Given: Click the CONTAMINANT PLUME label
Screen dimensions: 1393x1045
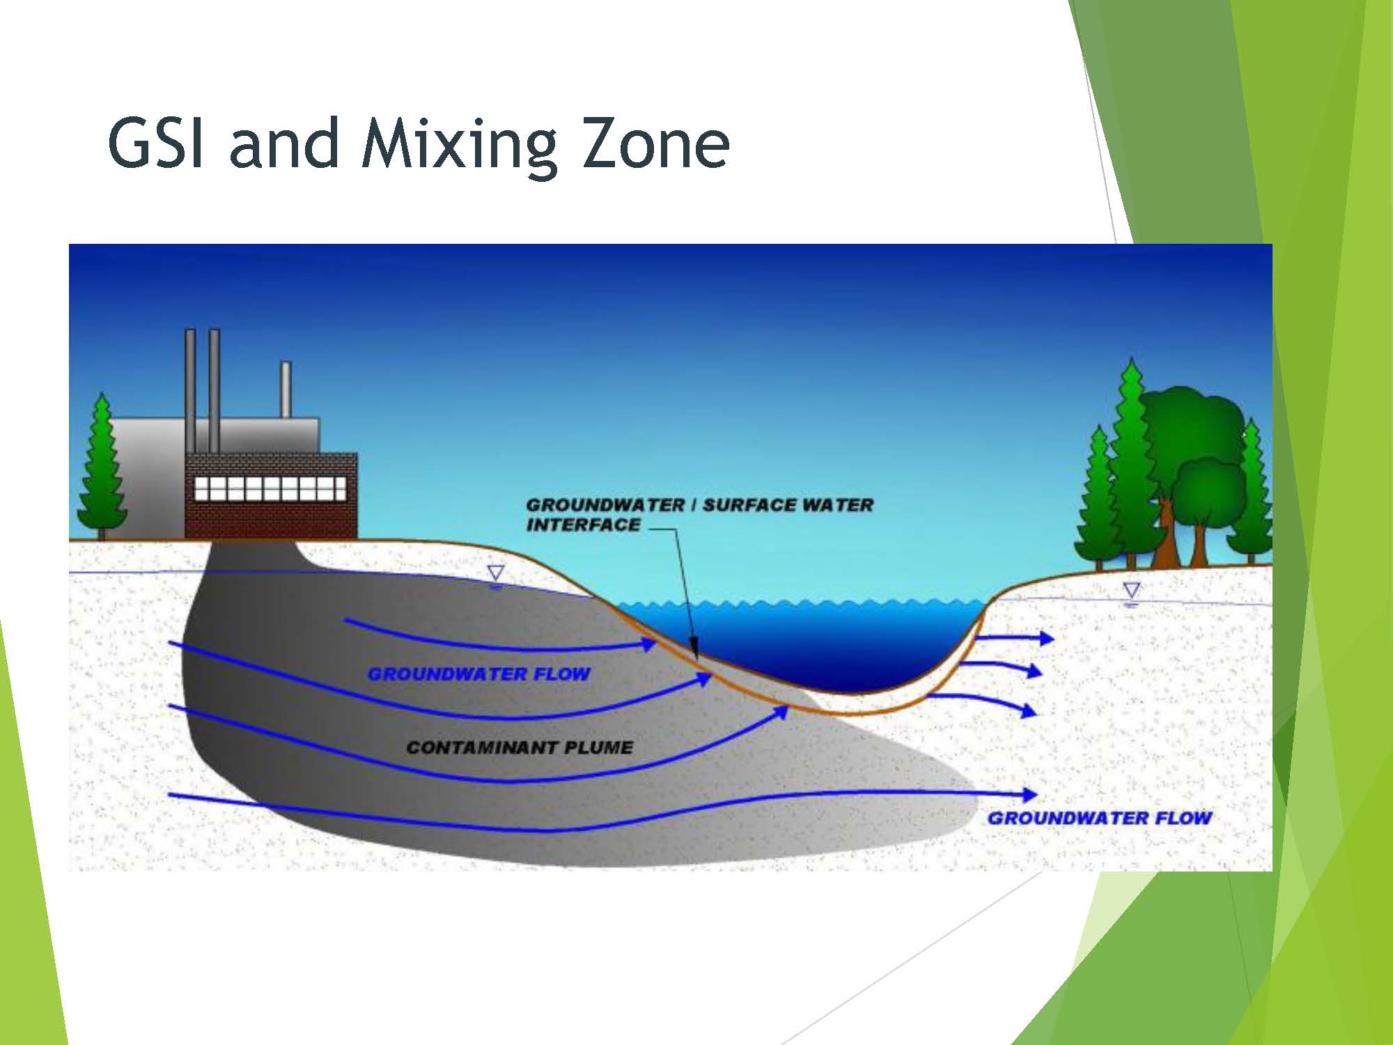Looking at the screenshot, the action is [x=520, y=748].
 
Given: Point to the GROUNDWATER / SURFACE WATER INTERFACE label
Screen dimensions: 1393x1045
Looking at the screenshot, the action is [x=699, y=515].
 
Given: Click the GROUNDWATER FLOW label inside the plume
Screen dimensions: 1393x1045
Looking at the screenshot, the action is [x=479, y=674].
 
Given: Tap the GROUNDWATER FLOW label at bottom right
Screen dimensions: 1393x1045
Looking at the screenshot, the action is [x=1100, y=818].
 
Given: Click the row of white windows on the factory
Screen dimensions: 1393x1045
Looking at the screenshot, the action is [x=270, y=488].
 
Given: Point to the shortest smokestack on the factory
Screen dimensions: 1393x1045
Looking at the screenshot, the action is [x=286, y=389].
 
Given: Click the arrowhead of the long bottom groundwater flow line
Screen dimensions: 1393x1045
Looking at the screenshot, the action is [x=1029, y=794].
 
